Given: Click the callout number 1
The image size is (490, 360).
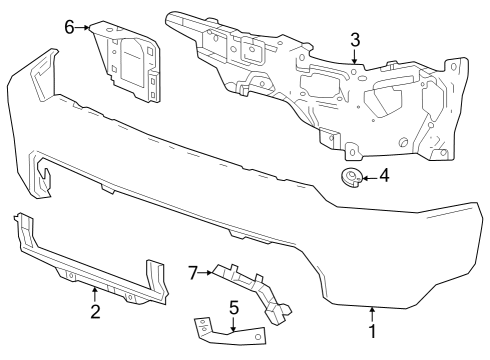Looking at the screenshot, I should (x=373, y=330).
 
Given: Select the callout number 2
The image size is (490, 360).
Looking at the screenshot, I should (x=95, y=313).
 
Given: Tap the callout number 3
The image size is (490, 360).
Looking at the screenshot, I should (x=354, y=39).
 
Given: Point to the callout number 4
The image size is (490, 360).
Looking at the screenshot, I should (x=384, y=179).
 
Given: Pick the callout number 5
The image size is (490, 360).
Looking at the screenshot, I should (x=233, y=308).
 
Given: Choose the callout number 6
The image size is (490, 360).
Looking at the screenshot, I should (x=70, y=27).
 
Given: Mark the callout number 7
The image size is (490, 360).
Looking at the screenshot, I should (x=194, y=270).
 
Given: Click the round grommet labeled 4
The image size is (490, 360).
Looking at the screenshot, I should (x=350, y=179).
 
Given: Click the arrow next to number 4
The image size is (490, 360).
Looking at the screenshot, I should (x=368, y=179).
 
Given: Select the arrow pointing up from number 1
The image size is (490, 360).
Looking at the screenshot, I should (x=373, y=314).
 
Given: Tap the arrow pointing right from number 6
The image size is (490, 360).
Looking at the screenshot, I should (x=85, y=27).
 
